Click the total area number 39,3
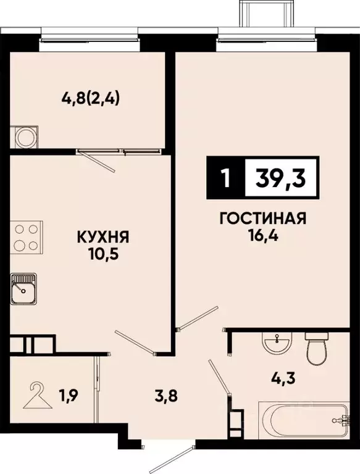coord(281,178)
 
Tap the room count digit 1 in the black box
coord(225,179)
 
